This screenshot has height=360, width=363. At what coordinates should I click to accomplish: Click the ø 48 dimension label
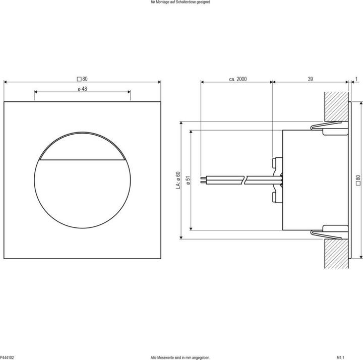82,89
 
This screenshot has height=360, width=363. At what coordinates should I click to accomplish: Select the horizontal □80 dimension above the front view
82,79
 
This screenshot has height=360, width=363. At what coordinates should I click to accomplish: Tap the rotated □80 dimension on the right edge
358,179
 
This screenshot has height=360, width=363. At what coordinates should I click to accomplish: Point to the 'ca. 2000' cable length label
237,79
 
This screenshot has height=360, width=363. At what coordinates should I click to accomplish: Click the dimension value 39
310,79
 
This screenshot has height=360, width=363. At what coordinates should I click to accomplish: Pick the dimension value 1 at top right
356,79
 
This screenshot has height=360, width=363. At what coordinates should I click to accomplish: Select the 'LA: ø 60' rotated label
177,180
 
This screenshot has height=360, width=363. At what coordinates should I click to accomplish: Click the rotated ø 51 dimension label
188,180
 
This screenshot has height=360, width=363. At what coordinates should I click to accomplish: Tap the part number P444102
7,357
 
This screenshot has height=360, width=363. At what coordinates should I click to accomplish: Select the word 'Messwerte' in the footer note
169,357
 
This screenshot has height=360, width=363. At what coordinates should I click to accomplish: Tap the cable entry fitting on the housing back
275,179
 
